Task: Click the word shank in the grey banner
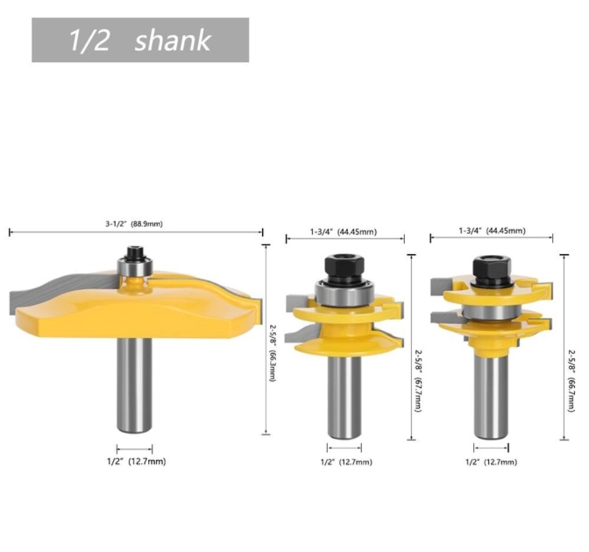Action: tap(173, 40)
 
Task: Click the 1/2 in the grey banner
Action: tap(89, 41)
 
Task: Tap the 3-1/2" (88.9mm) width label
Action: tap(134, 224)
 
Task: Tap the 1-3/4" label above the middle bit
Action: tap(322, 231)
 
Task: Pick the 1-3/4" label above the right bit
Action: tap(470, 231)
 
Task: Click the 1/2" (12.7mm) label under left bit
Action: tap(137, 461)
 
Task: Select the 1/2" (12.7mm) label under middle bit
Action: tap(346, 462)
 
